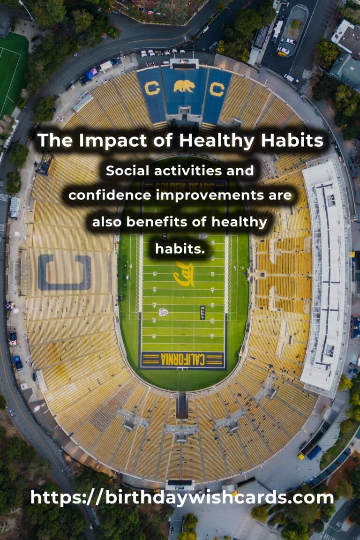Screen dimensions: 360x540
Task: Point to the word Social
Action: pos(127,171)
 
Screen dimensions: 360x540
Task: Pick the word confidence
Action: pos(110,195)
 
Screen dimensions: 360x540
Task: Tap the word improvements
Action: pos(209,196)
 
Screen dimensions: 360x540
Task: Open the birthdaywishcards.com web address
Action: pos(182,498)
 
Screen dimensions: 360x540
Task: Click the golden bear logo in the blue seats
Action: pos(184,86)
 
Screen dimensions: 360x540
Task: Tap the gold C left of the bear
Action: pos(152,89)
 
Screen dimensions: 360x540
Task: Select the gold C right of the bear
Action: pos(217,90)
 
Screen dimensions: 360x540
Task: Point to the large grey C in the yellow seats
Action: pos(64,272)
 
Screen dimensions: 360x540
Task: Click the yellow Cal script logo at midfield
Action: pos(184,274)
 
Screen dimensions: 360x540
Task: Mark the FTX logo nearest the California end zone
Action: pos(202,312)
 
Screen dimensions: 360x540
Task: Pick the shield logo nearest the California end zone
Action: pos(164,312)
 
